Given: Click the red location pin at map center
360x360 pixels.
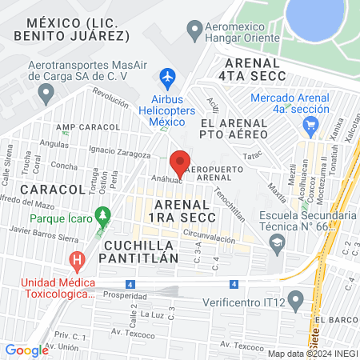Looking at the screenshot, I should [180, 159].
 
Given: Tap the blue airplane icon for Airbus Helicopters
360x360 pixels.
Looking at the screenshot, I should [167, 78].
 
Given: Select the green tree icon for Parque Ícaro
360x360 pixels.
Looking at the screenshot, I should [102, 216].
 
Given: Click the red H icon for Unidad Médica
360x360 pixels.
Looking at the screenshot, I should [77, 260].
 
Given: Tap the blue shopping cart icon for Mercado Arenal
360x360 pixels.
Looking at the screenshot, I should [311, 128].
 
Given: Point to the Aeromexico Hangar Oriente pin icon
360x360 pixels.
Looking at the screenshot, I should [193, 32].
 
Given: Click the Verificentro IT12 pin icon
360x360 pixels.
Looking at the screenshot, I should [296, 302].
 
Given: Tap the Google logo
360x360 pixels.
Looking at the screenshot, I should [26, 350].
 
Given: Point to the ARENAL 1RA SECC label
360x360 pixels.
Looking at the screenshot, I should [190, 212].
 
